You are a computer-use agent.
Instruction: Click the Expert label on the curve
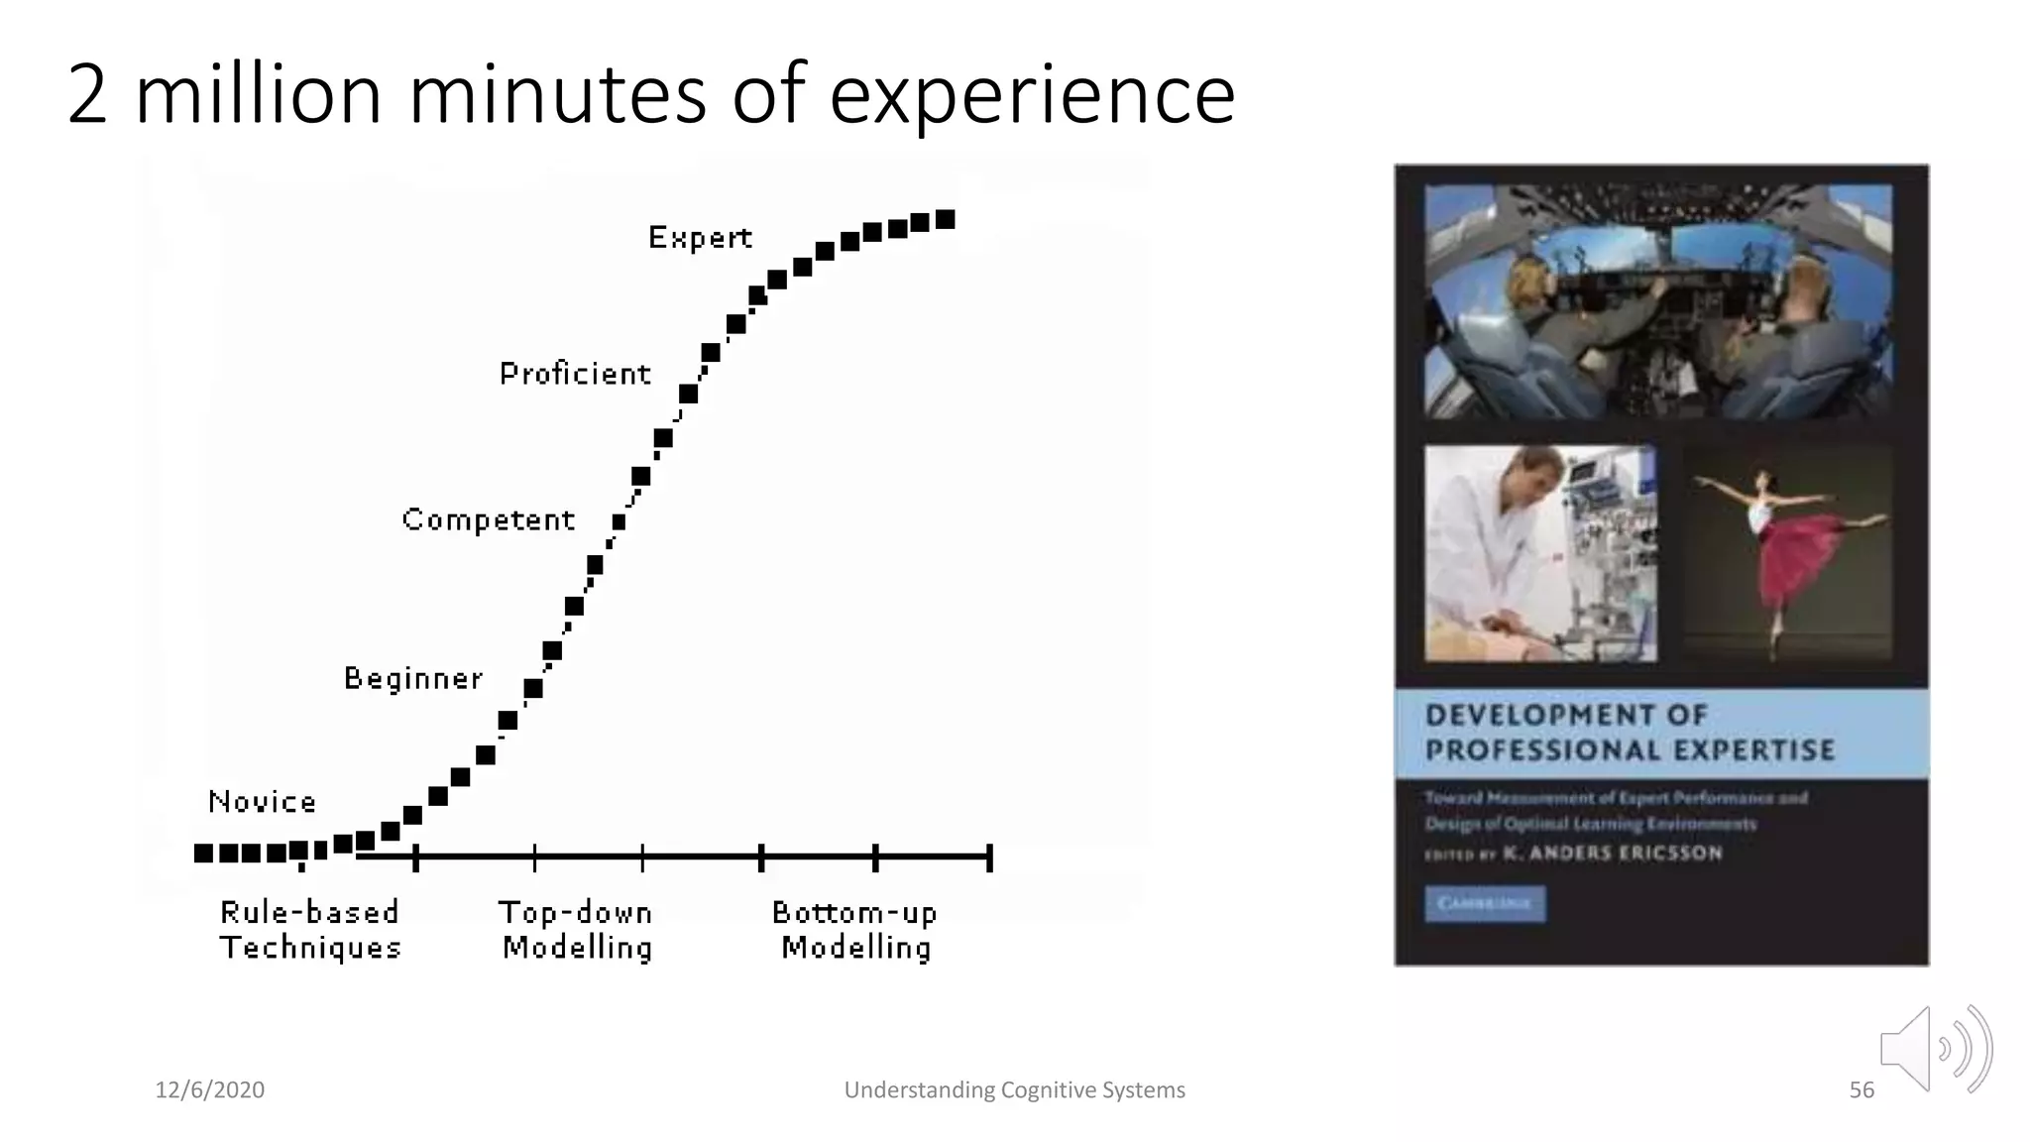[700, 238]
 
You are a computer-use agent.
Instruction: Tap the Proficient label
[575, 374]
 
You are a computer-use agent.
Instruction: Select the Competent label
[488, 519]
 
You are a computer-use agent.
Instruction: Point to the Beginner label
[413, 678]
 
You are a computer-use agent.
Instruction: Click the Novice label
[262, 801]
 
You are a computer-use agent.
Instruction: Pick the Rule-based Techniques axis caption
[310, 930]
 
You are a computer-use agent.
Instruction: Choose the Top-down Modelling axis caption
[576, 930]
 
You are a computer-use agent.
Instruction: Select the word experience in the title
[1032, 97]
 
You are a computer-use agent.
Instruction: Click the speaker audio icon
[1934, 1049]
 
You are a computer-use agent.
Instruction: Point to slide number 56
[1861, 1090]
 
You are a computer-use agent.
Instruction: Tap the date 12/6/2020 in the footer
[210, 1090]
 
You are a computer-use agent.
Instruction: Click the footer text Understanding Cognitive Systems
[1014, 1090]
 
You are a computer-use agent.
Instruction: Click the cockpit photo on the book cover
[1657, 300]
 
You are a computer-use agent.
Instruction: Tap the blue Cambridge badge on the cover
[1484, 904]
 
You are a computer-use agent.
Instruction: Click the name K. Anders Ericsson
[1613, 854]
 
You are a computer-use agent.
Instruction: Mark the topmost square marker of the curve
[946, 219]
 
